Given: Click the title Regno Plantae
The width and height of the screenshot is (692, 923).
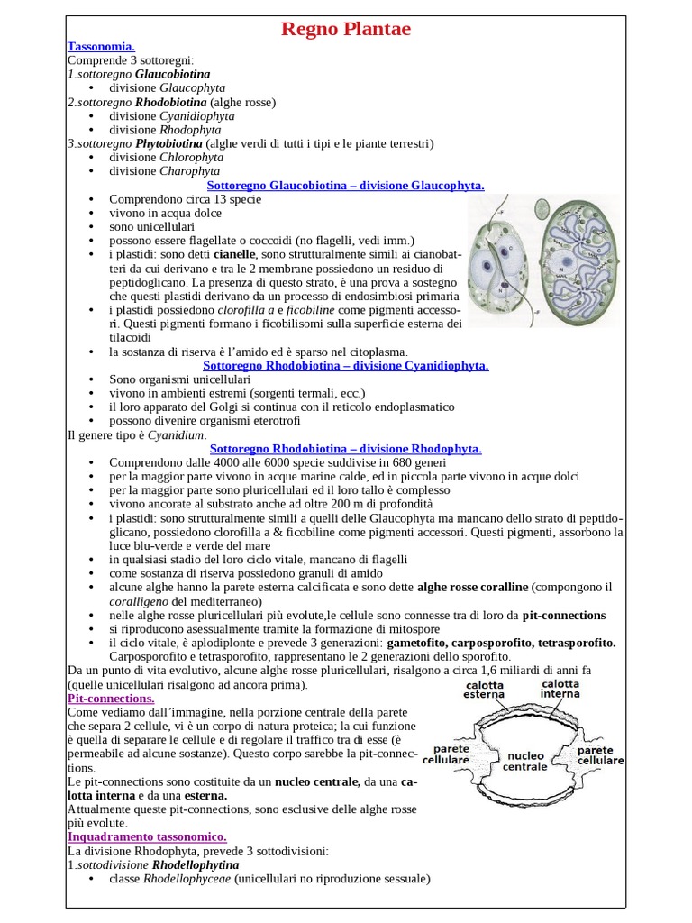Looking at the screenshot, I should (x=345, y=29).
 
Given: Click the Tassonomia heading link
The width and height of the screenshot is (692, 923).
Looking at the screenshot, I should (x=101, y=46).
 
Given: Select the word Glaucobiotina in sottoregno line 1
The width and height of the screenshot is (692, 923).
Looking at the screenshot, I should (x=173, y=74).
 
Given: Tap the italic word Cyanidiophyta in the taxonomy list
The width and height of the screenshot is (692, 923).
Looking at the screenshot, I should (x=196, y=116).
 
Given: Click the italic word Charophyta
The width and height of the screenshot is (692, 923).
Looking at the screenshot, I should (x=189, y=171).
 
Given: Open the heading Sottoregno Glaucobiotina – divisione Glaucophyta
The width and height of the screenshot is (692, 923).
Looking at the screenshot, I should (x=346, y=185).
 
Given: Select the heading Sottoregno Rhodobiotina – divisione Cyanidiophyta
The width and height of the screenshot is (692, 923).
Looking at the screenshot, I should (x=346, y=366).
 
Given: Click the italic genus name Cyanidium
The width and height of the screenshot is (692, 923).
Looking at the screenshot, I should (x=177, y=434).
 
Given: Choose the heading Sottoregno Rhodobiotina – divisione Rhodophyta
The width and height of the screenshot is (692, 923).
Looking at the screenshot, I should (x=346, y=448).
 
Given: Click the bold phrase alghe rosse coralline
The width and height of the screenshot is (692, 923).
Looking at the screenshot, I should (x=472, y=588).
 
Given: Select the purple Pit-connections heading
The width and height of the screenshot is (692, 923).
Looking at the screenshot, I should (x=111, y=699).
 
